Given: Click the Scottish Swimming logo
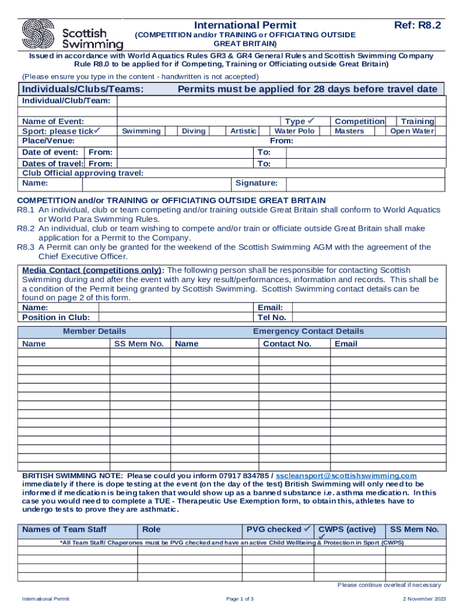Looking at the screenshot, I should point(72,34).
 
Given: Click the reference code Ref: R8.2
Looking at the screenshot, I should point(417,25).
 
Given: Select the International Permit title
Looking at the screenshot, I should point(245,25).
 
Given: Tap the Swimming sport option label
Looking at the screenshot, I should point(141,131).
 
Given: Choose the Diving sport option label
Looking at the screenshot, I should point(194,131).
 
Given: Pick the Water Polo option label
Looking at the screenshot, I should point(295,131).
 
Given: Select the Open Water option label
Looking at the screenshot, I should point(412,131).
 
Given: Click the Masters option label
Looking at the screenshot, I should point(349,131).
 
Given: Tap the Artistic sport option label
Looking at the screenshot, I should point(244,131).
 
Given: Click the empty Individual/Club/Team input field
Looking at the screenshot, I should point(281,100).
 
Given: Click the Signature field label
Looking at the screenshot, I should point(256,183).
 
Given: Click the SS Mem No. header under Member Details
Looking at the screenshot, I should point(139,343).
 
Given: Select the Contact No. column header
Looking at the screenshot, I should point(287,343).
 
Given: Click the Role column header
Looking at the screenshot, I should point(152,529).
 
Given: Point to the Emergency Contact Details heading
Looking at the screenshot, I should point(308,331).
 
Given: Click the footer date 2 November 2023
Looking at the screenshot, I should point(425,599).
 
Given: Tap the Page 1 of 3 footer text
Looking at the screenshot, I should point(240,599).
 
